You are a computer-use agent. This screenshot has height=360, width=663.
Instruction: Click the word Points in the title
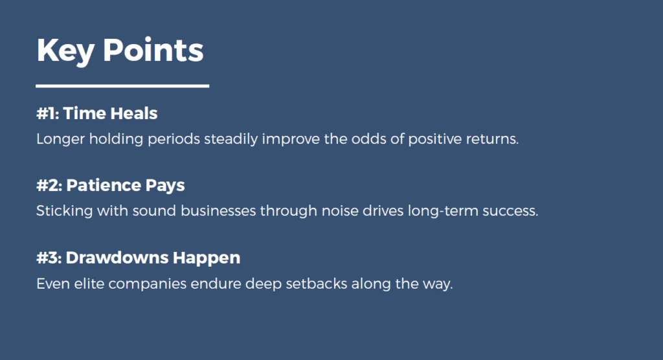coord(153,51)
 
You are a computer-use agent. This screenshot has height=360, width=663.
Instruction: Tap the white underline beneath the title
coord(122,85)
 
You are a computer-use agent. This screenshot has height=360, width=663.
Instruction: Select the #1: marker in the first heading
coord(47,113)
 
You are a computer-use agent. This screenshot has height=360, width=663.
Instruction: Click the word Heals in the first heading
coord(134,113)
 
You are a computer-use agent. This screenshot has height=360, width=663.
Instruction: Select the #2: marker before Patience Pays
coord(49,185)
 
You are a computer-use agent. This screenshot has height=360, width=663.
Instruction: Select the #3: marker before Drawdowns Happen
coord(49,258)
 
